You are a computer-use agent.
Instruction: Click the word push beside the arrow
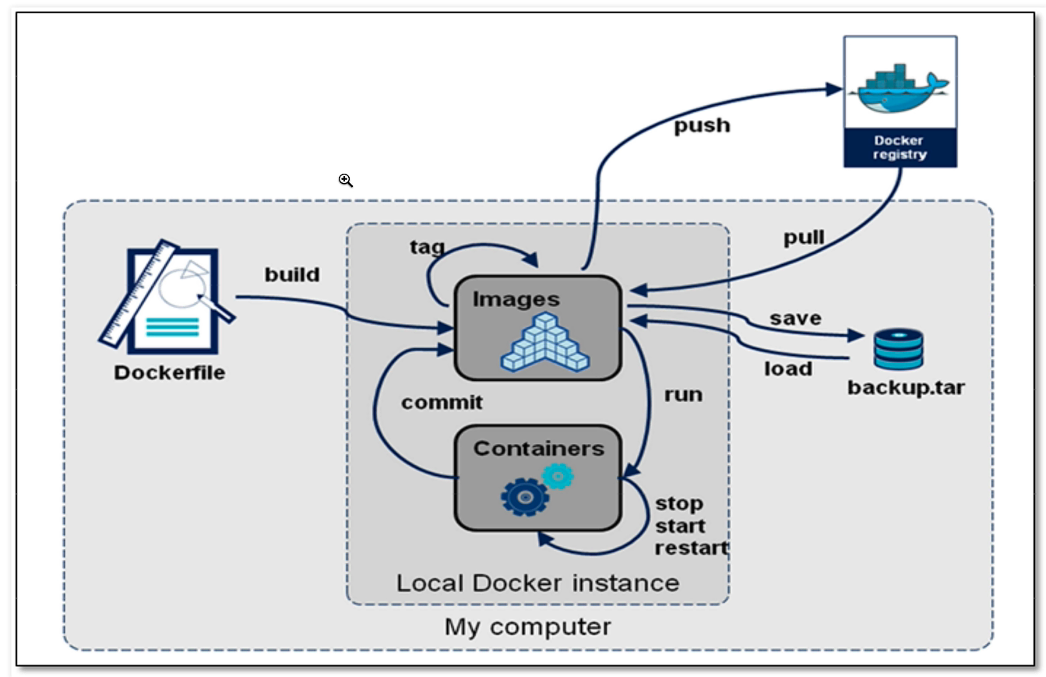[x=702, y=125]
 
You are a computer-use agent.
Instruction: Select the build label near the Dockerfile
[x=292, y=275]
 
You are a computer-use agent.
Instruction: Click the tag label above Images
[x=428, y=247]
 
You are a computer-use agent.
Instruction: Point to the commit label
[x=442, y=403]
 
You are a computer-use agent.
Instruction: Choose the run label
[x=683, y=394]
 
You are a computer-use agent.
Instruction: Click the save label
[x=795, y=318]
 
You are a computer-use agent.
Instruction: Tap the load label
[x=787, y=368]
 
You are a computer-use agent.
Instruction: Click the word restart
[x=691, y=548]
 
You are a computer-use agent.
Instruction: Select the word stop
[x=679, y=502]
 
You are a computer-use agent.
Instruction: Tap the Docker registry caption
[x=900, y=147]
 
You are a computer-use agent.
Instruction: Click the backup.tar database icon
[x=897, y=348]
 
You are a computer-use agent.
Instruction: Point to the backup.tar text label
[x=906, y=386]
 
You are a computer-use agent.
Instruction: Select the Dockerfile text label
[x=169, y=372]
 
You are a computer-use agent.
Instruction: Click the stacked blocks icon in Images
[x=545, y=342]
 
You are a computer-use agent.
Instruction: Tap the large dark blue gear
[x=525, y=497]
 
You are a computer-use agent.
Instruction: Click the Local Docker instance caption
[x=537, y=583]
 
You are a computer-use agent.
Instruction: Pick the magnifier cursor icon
[x=346, y=181]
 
